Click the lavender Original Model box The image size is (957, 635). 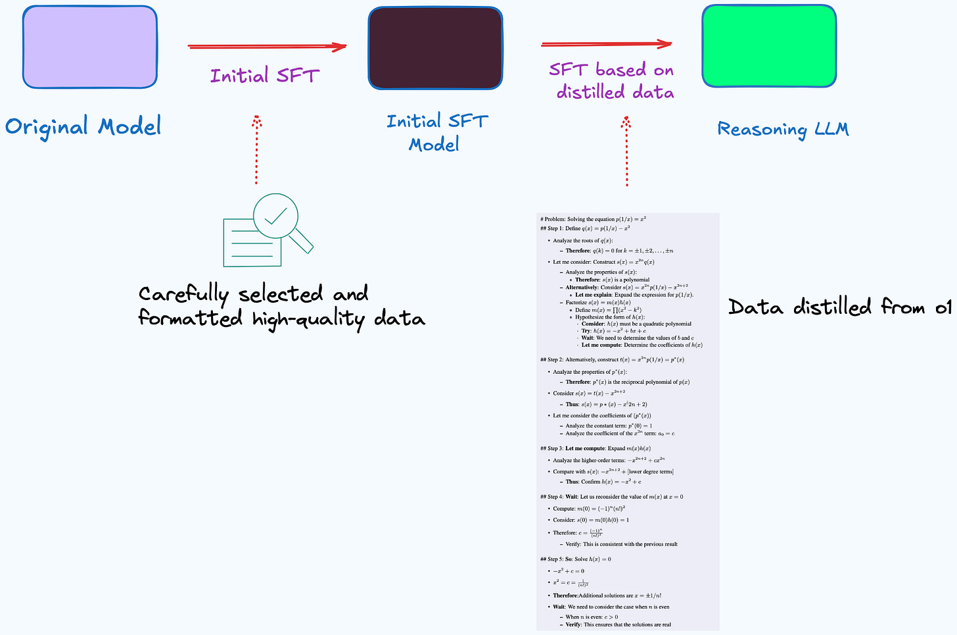coord(90,47)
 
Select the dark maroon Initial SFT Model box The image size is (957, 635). coord(435,48)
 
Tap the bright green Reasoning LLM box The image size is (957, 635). coord(769,46)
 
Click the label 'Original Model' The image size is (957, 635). coord(83,126)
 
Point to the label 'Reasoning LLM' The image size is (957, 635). coord(783,129)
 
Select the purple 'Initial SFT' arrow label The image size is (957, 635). coord(264,76)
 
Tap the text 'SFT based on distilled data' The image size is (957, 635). coord(612,80)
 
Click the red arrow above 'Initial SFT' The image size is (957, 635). coord(266,47)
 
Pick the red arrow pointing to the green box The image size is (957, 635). coord(606,45)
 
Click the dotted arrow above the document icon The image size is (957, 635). coord(256,150)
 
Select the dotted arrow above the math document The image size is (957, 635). coord(626,151)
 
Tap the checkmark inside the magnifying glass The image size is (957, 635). coord(275,215)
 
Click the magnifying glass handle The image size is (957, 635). coord(302,241)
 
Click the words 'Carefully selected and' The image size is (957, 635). coord(253,293)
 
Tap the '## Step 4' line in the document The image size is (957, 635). coord(611,497)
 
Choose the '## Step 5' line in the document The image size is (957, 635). coord(576,559)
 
